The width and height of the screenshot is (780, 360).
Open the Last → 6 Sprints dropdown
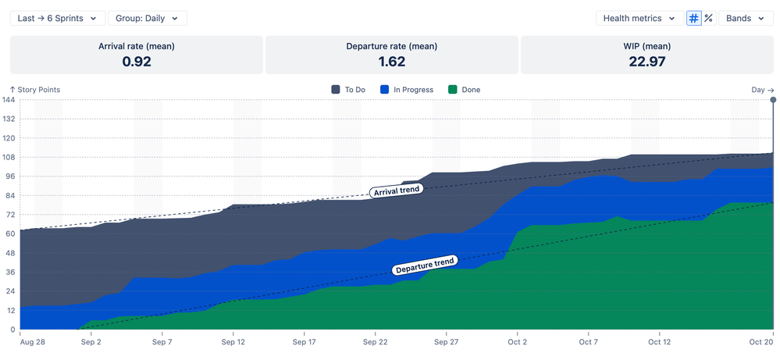tap(57, 18)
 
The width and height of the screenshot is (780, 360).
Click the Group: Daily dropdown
tap(147, 18)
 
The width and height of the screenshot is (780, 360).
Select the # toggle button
tap(693, 18)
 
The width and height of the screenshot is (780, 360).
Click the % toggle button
tap(708, 18)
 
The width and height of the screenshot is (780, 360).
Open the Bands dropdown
tap(745, 18)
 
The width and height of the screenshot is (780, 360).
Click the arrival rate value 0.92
tap(137, 62)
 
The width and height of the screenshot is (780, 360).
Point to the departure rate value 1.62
tap(391, 62)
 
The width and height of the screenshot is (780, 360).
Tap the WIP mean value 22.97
tap(646, 62)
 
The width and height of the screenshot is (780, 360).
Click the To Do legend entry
tap(348, 90)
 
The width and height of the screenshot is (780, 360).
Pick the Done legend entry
tap(465, 90)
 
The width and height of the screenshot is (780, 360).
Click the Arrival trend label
tap(396, 190)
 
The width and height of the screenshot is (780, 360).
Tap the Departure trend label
tap(424, 266)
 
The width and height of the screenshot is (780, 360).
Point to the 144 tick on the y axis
tap(8, 100)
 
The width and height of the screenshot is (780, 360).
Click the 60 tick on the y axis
tap(9, 233)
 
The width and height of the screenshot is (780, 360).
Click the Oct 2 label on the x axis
tap(517, 342)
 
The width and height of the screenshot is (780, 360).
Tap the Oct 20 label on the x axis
tap(762, 342)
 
